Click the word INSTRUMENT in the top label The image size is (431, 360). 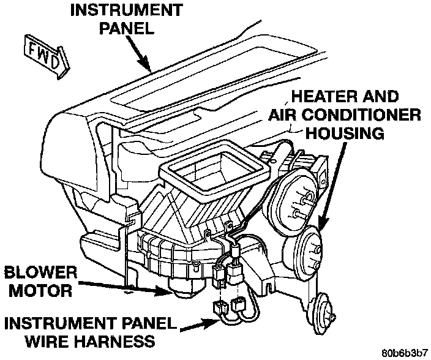(x=125, y=10)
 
